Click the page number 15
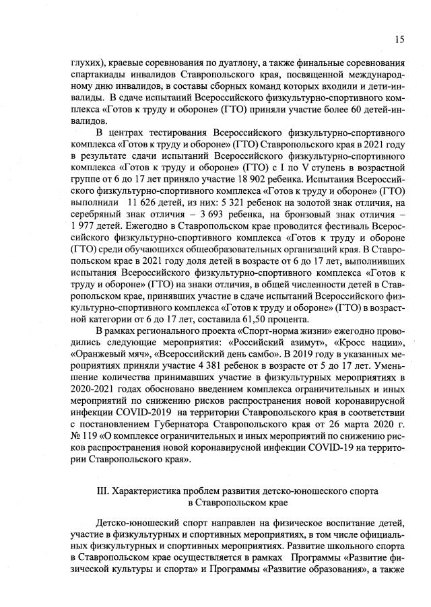pyautogui.click(x=399, y=39)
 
